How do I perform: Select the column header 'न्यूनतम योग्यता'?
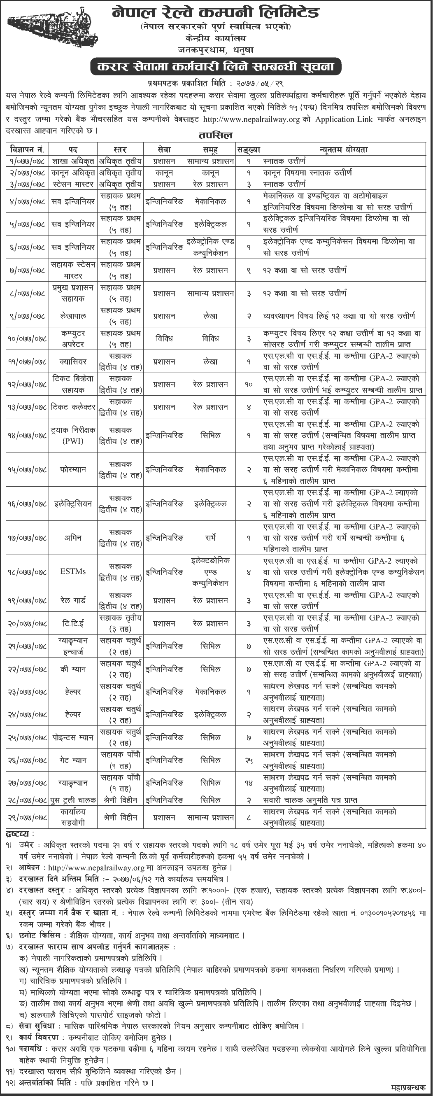point(343,149)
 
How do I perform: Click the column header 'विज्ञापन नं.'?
point(27,149)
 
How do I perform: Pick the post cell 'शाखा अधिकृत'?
point(73,161)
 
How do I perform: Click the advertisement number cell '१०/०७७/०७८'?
point(27,339)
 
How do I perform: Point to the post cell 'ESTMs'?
point(73,571)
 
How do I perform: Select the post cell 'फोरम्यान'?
point(73,470)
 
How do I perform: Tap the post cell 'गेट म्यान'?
point(73,760)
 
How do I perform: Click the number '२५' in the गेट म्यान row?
point(249,760)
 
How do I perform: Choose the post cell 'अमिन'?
point(73,538)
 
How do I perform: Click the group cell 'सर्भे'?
point(211,538)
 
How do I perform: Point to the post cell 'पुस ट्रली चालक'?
point(73,800)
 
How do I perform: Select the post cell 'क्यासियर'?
point(73,361)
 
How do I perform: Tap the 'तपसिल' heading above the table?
point(216,136)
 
